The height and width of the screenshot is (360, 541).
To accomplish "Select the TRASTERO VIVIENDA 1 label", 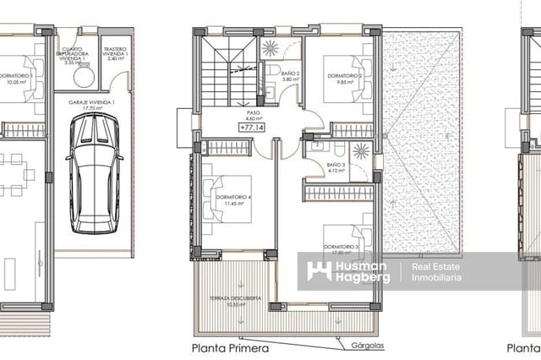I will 116,53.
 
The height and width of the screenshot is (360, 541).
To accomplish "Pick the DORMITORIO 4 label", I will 230,199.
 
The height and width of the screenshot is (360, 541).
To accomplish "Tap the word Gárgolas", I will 362,346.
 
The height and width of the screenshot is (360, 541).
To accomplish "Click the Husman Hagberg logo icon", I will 318,271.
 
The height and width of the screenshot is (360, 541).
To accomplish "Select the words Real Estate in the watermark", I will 435,267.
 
